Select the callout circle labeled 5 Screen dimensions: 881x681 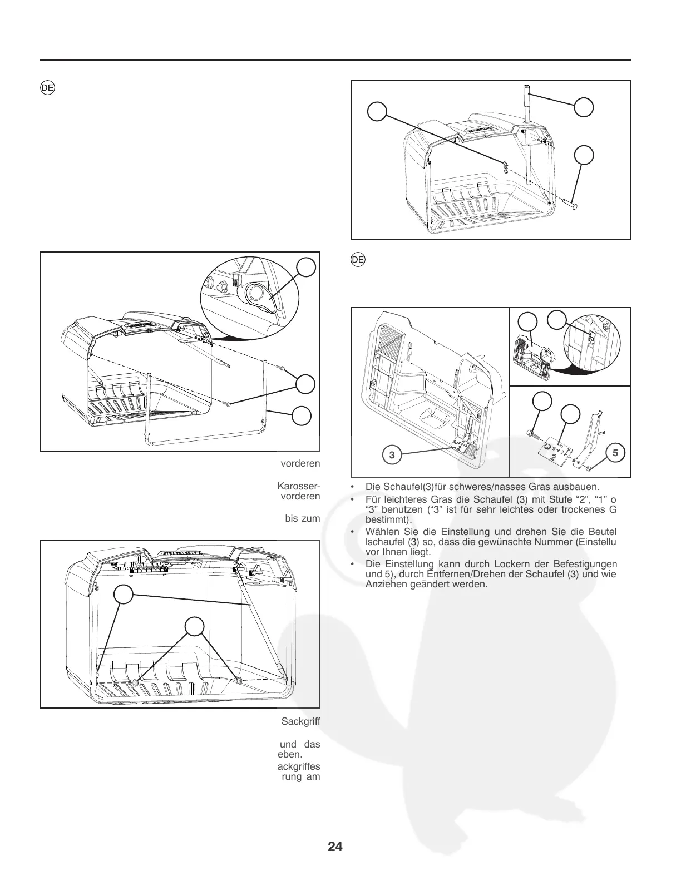coord(615,453)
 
